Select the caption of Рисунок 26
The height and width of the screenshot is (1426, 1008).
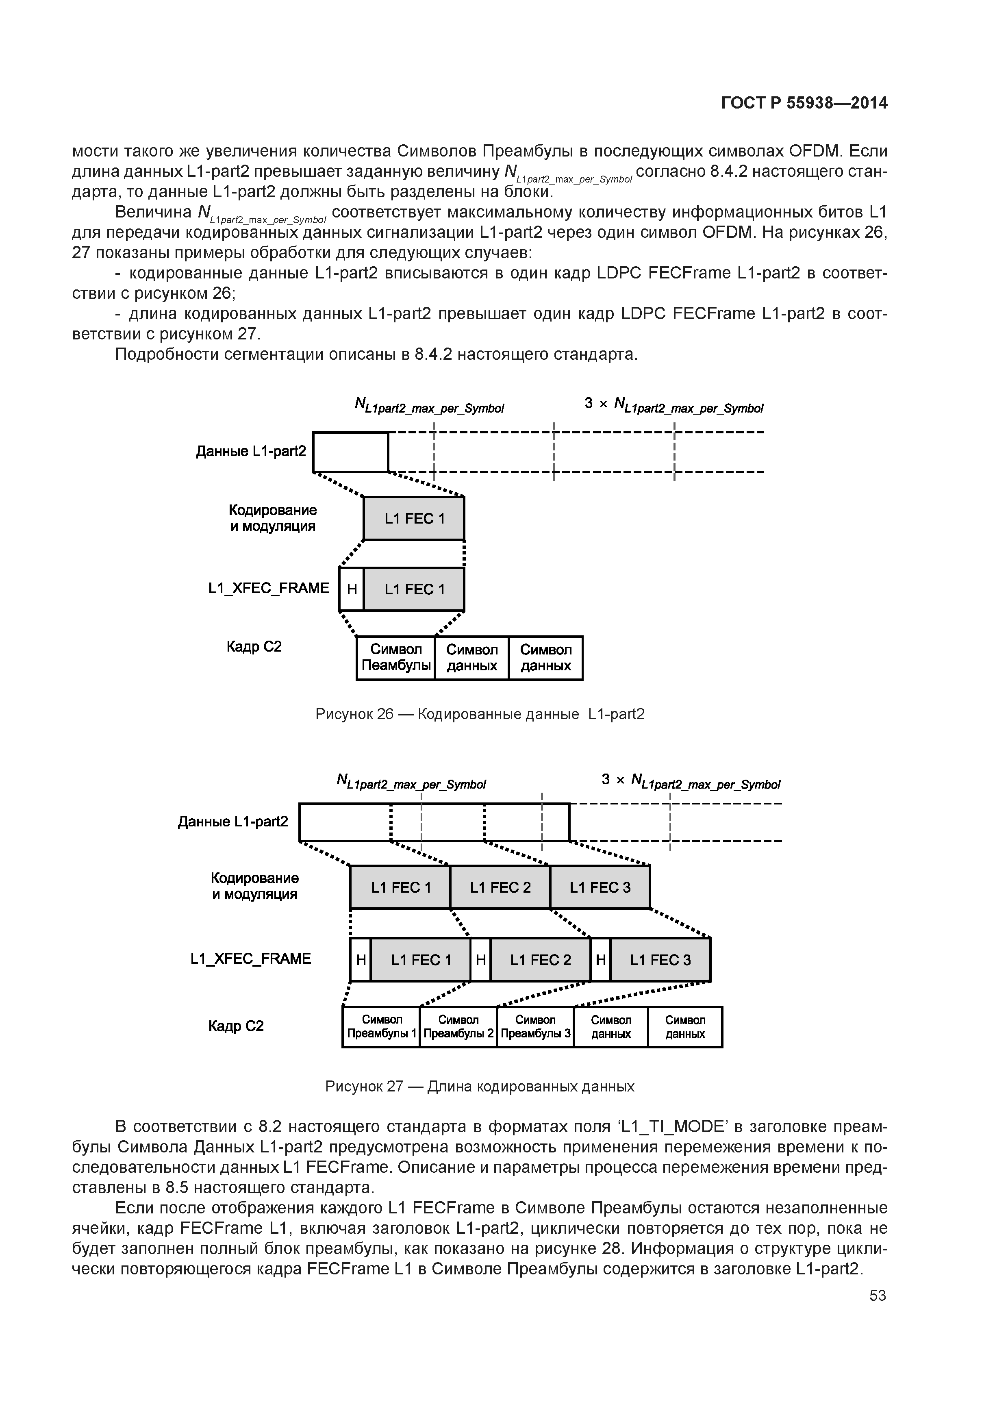(x=480, y=714)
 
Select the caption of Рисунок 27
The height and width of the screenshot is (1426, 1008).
(x=480, y=1086)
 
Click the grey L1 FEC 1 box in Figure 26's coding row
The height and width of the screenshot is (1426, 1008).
(x=414, y=519)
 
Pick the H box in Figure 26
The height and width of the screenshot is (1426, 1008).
(x=352, y=589)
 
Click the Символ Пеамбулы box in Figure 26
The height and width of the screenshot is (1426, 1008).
(x=395, y=658)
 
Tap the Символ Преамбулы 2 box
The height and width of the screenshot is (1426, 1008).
(x=458, y=1027)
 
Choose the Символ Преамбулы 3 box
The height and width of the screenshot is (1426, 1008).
(x=535, y=1027)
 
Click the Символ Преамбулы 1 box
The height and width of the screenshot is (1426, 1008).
(x=381, y=1027)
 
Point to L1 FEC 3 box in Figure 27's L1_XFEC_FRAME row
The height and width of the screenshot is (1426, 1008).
(x=660, y=960)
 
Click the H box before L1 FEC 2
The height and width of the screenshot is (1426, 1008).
(x=480, y=960)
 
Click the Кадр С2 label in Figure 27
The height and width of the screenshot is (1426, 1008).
(x=236, y=1026)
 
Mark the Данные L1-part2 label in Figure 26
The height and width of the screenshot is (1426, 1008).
(x=251, y=451)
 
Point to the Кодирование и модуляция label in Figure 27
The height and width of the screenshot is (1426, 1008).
(x=254, y=886)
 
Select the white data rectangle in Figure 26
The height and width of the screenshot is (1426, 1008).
(x=350, y=452)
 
